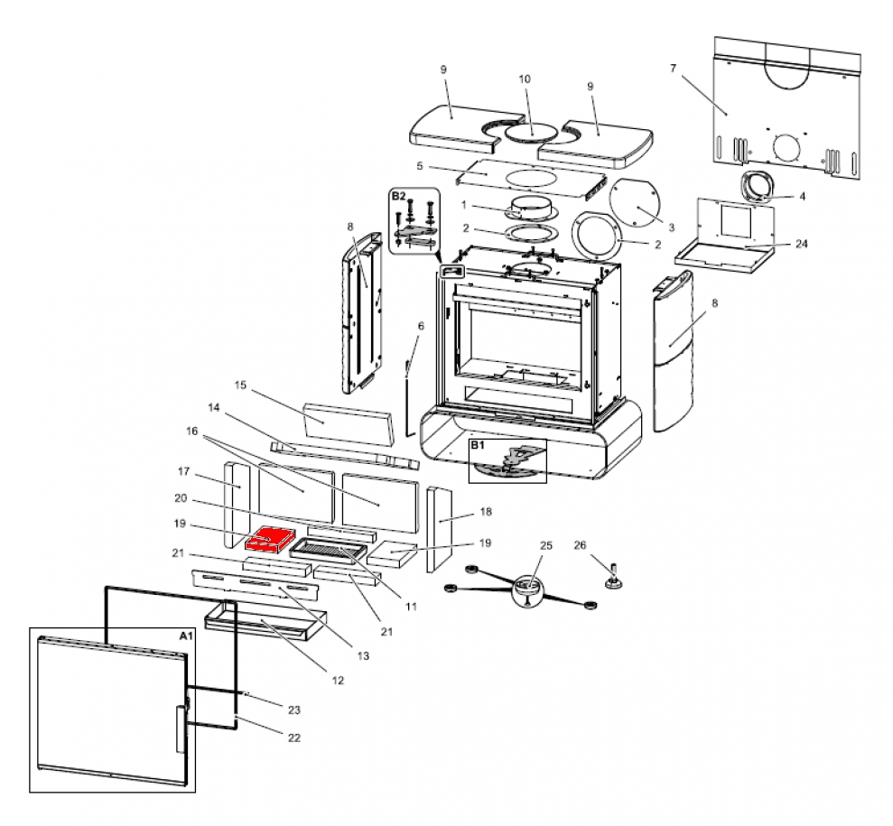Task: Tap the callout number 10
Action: point(525,79)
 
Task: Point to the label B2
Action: point(398,195)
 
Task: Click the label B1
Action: point(478,446)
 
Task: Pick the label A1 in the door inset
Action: point(186,636)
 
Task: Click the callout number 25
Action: point(544,545)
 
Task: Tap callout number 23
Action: point(293,710)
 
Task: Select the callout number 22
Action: point(293,738)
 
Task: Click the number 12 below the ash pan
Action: point(338,680)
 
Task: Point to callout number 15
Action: point(240,385)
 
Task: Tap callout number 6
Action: point(420,325)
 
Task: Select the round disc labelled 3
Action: point(633,208)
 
